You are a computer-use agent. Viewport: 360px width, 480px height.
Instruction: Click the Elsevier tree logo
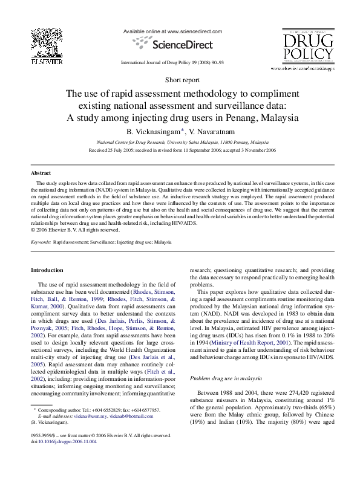coord(47,43)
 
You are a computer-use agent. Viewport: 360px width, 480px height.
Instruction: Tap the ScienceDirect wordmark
coord(182,45)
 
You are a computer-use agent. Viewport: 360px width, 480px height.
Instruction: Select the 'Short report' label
coord(183,79)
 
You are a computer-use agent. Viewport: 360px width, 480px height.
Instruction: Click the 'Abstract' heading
coord(41,172)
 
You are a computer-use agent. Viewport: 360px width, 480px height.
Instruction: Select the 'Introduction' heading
coord(47,270)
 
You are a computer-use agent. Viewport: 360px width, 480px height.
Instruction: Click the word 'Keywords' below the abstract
coord(41,242)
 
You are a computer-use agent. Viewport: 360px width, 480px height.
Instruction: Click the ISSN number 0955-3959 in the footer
coord(42,435)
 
